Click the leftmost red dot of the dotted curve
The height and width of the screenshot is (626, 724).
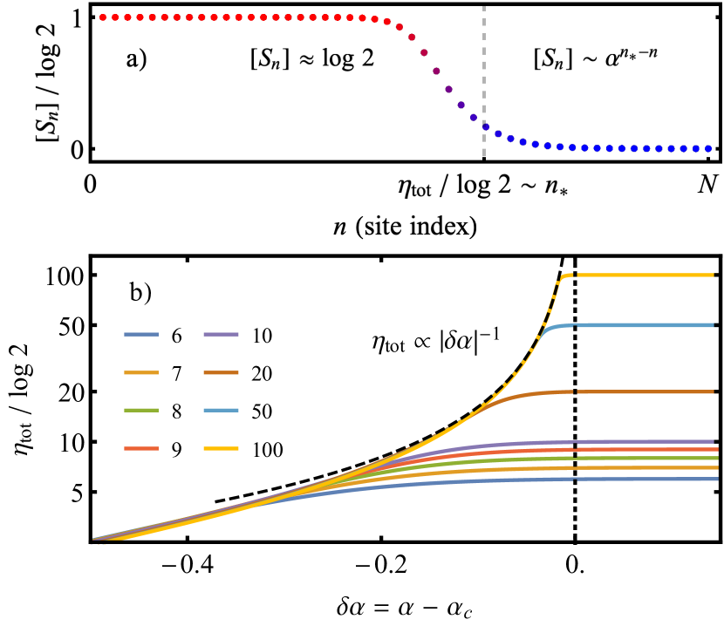[x=103, y=17]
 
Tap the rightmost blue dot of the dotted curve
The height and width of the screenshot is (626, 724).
[x=707, y=148]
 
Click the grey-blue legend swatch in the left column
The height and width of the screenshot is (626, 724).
[x=141, y=334]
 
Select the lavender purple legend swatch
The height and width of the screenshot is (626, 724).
[x=221, y=334]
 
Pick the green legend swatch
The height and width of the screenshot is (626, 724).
[x=141, y=410]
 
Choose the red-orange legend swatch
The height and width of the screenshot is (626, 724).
[x=141, y=448]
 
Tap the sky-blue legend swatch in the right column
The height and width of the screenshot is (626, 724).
[x=221, y=410]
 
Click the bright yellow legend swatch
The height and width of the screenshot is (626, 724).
[x=221, y=448]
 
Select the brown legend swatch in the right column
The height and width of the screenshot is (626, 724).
[x=221, y=372]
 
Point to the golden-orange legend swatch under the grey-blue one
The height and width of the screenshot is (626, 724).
[x=141, y=372]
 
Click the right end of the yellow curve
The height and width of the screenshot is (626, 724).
[x=713, y=275]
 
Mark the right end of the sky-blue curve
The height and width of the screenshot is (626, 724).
[x=713, y=325]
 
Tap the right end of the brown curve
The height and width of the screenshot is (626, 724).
[x=713, y=391]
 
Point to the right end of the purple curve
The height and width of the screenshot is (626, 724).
[x=713, y=441]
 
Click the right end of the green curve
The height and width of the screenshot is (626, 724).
[x=715, y=458]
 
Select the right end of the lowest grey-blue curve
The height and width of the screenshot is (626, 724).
[x=715, y=479]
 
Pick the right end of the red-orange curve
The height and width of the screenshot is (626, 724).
[x=715, y=449]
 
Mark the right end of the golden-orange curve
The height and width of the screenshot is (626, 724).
[x=715, y=467]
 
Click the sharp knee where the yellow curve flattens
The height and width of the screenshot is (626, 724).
[x=564, y=276]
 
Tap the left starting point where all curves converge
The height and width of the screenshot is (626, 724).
[x=94, y=540]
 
